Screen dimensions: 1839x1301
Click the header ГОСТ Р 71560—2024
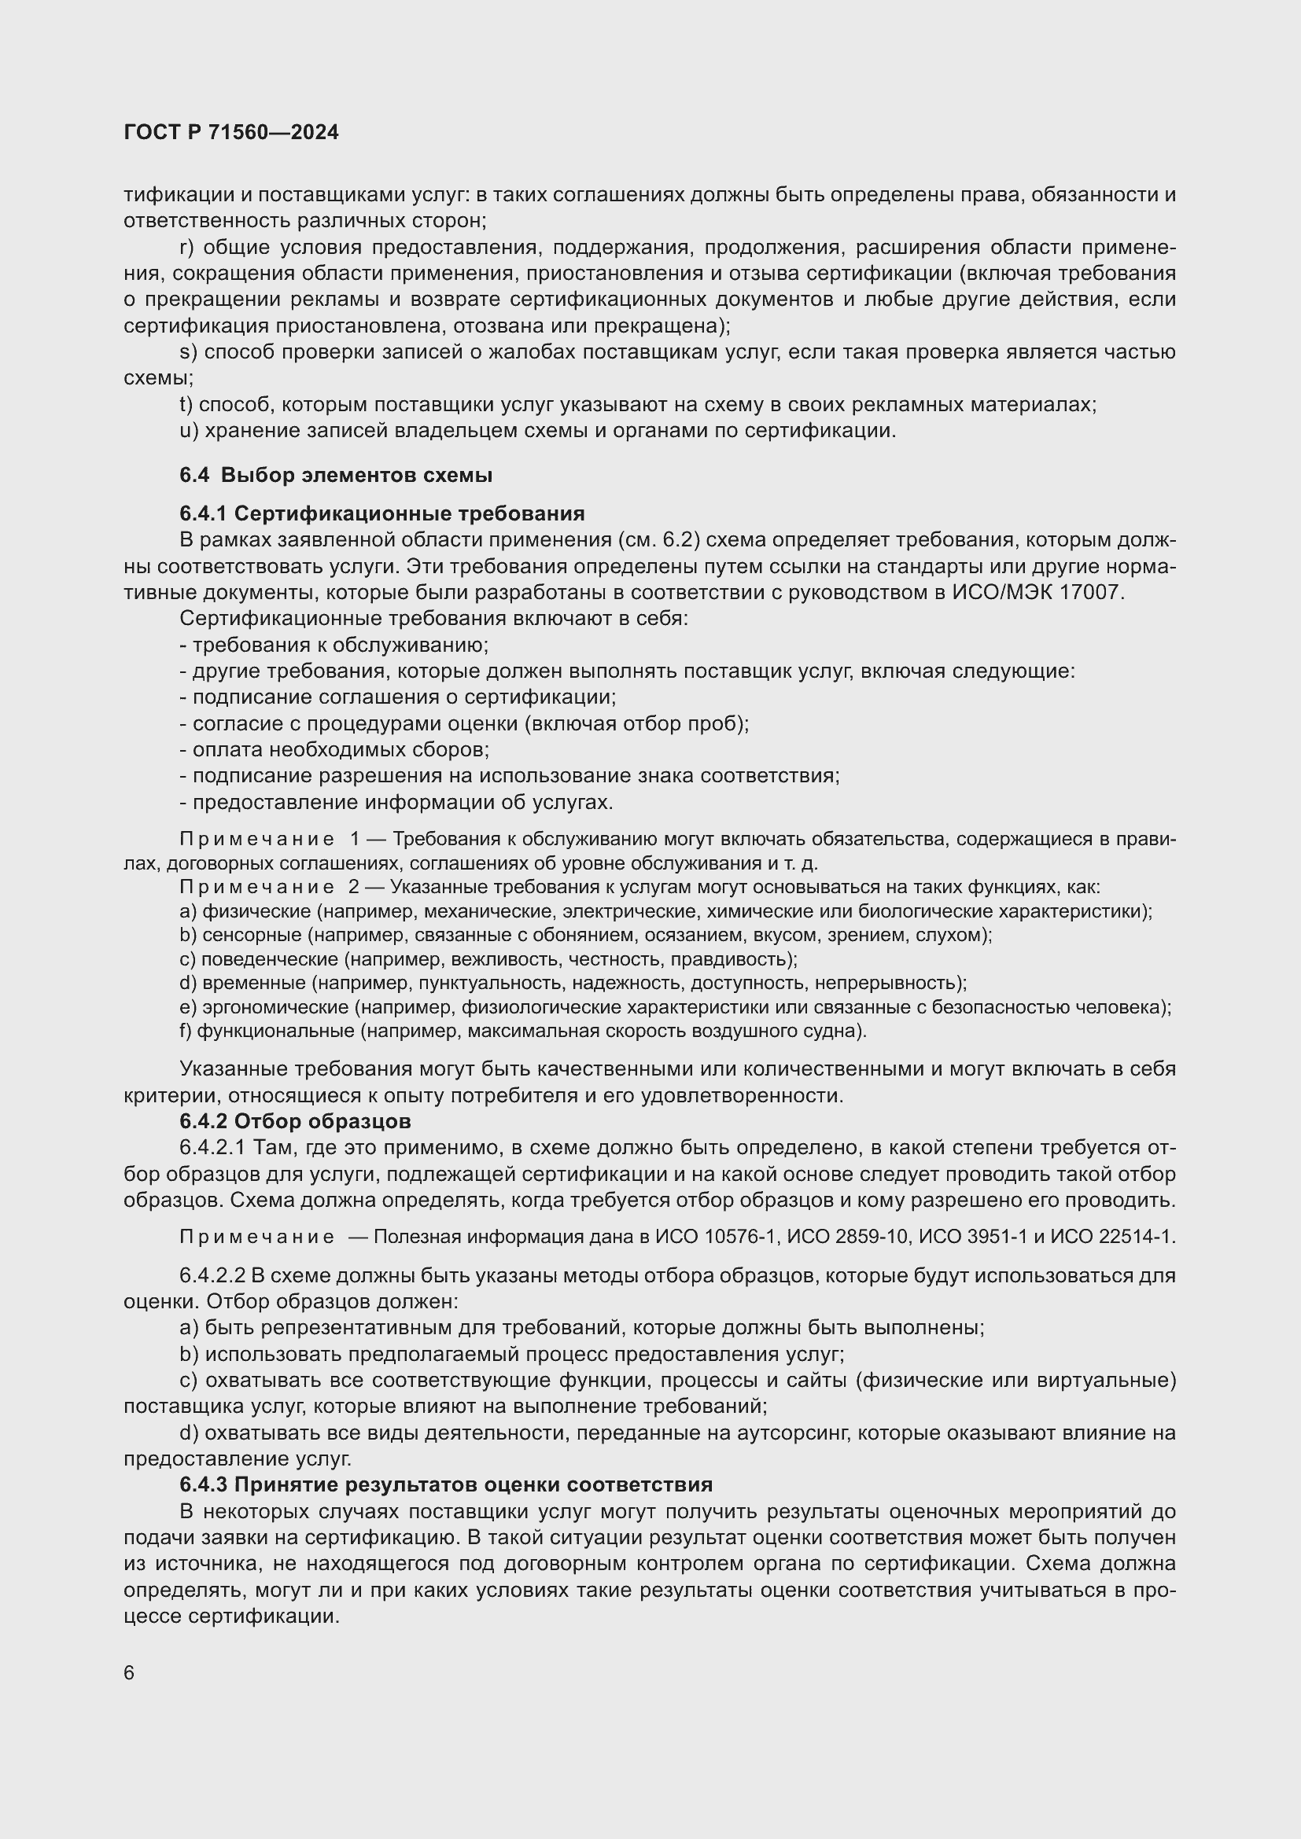231,133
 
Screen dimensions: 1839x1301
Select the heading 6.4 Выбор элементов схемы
336,475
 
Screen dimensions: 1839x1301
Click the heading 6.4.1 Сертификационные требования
382,513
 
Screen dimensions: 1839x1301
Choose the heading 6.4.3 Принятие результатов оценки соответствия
446,1485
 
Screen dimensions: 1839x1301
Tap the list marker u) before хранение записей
188,431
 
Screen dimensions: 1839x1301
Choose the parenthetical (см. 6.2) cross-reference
659,541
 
